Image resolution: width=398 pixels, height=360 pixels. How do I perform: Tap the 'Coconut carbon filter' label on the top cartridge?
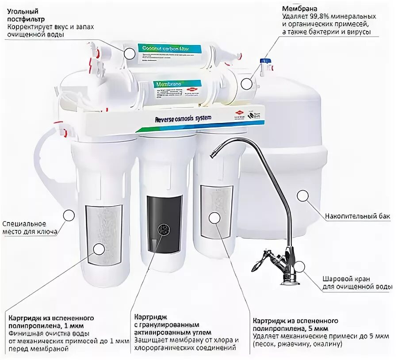[x=164, y=48]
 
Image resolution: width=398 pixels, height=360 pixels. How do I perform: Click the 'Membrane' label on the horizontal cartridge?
[x=166, y=84]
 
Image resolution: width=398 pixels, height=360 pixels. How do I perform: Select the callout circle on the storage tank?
[x=303, y=195]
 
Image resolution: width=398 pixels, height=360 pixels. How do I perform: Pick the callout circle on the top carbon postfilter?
[x=129, y=53]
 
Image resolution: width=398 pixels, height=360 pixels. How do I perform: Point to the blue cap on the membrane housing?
[x=265, y=60]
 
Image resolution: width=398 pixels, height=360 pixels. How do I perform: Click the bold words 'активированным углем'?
[x=172, y=332]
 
